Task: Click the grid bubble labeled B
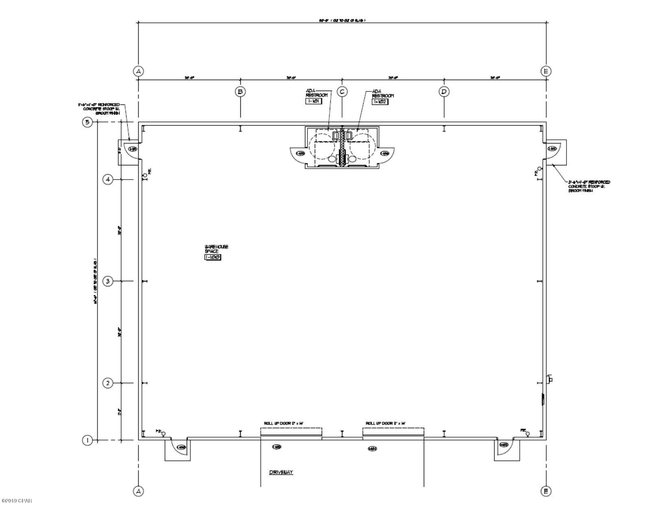(x=240, y=91)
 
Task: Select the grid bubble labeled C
(x=342, y=91)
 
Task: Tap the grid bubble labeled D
(x=444, y=91)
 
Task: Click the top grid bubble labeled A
(x=138, y=71)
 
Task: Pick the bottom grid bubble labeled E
(x=546, y=491)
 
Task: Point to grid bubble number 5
(x=87, y=122)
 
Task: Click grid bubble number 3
(x=108, y=281)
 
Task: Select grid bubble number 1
(x=87, y=440)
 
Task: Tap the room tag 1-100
(x=213, y=257)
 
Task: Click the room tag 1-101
(x=314, y=102)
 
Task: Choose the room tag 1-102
(x=380, y=102)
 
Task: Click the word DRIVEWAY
(x=281, y=472)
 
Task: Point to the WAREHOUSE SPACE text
(x=216, y=249)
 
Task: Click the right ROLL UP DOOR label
(x=386, y=423)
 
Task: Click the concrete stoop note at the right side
(x=589, y=186)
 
